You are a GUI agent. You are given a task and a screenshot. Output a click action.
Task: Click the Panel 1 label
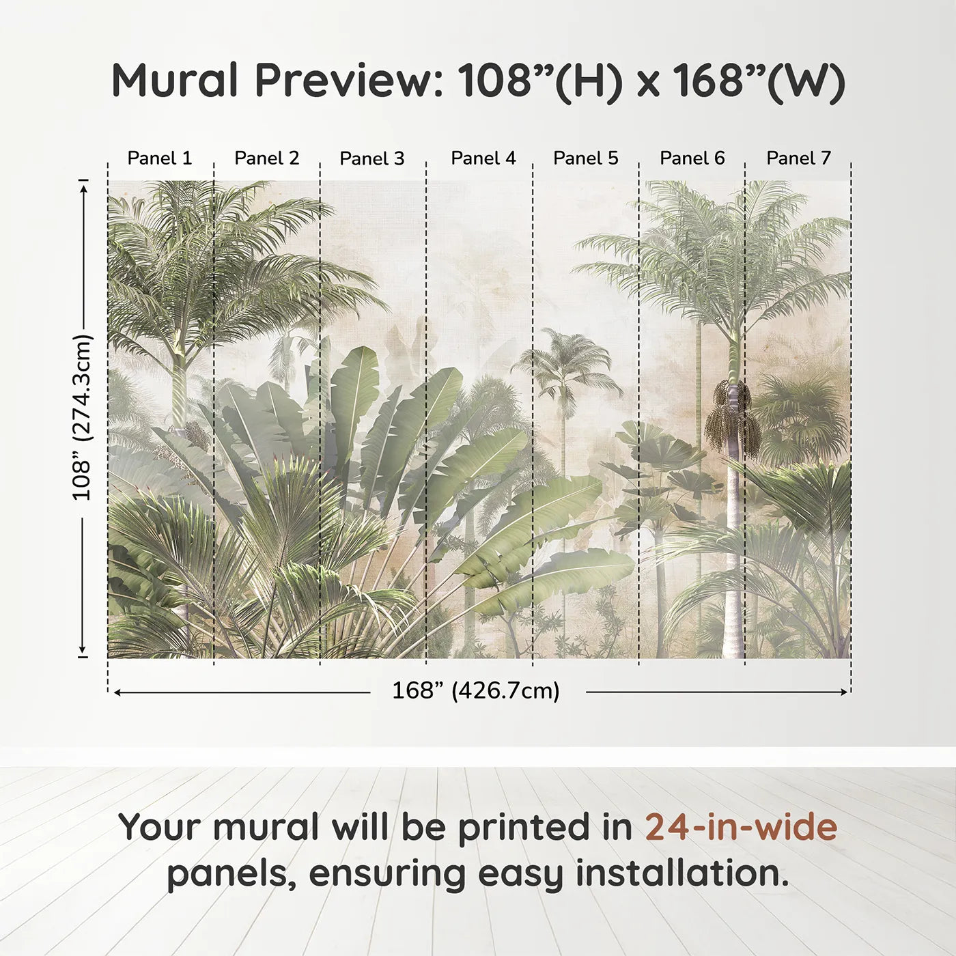click(x=160, y=158)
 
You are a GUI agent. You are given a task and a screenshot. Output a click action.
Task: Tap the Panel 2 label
click(x=266, y=158)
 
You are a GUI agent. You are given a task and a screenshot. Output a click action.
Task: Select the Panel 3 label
click(x=372, y=158)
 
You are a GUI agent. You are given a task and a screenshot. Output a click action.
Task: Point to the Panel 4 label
click(x=483, y=158)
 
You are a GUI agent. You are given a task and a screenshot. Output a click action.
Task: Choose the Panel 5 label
click(x=585, y=158)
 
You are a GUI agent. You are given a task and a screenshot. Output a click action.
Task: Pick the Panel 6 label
click(x=692, y=158)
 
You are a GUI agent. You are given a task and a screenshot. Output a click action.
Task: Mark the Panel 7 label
click(x=798, y=158)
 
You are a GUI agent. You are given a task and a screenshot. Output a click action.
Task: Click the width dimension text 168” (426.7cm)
click(x=475, y=691)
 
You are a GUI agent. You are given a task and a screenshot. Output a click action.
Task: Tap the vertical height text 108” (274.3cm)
click(x=82, y=417)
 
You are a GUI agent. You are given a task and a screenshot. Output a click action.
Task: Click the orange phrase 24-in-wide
click(x=741, y=828)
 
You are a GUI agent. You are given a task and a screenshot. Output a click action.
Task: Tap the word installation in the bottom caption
click(x=681, y=874)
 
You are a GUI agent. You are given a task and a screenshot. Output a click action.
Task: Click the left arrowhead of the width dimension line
click(x=117, y=692)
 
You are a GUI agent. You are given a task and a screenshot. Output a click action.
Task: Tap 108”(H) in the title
click(x=540, y=81)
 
